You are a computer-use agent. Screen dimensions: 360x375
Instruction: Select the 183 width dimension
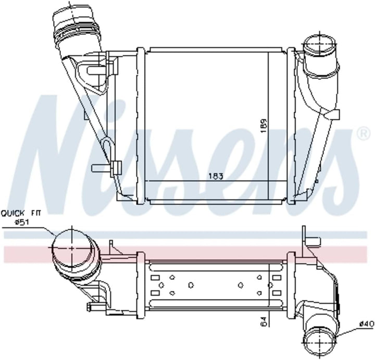point(216,177)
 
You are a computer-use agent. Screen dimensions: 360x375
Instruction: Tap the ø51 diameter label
point(21,223)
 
